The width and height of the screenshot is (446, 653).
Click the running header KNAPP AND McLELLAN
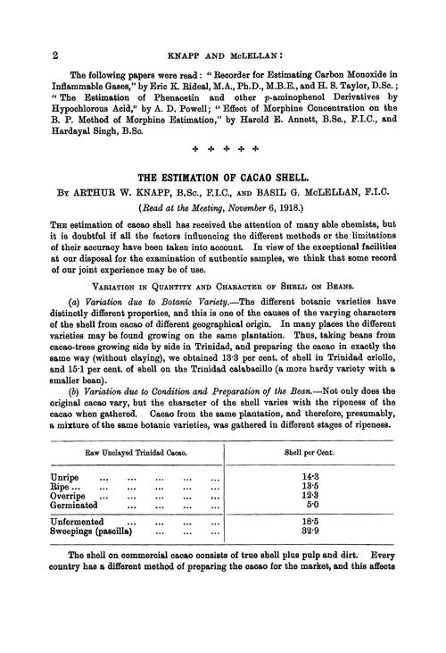[x=223, y=54]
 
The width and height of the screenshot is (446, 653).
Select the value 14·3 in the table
[x=311, y=479]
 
